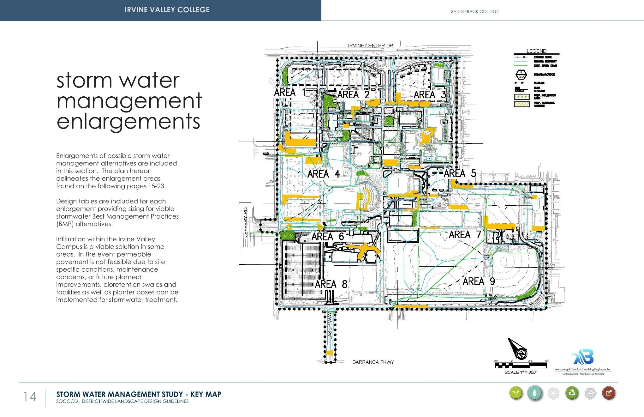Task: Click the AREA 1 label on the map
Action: pyautogui.click(x=289, y=93)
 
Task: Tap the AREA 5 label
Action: pyautogui.click(x=460, y=173)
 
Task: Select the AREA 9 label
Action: pyautogui.click(x=479, y=281)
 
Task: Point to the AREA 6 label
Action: pyautogui.click(x=327, y=237)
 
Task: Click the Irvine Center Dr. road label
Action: pyautogui.click(x=371, y=46)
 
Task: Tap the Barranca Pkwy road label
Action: pyautogui.click(x=373, y=362)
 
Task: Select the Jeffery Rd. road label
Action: pyautogui.click(x=246, y=221)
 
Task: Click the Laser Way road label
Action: pyautogui.click(x=330, y=326)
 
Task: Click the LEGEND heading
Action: pyautogui.click(x=536, y=51)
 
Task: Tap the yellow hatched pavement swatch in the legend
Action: pyautogui.click(x=522, y=104)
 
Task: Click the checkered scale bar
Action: pyautogui.click(x=521, y=366)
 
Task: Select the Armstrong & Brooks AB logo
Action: pyautogui.click(x=583, y=357)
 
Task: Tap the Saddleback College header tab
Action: pyautogui.click(x=475, y=11)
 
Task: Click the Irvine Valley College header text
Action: pyautogui.click(x=167, y=10)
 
